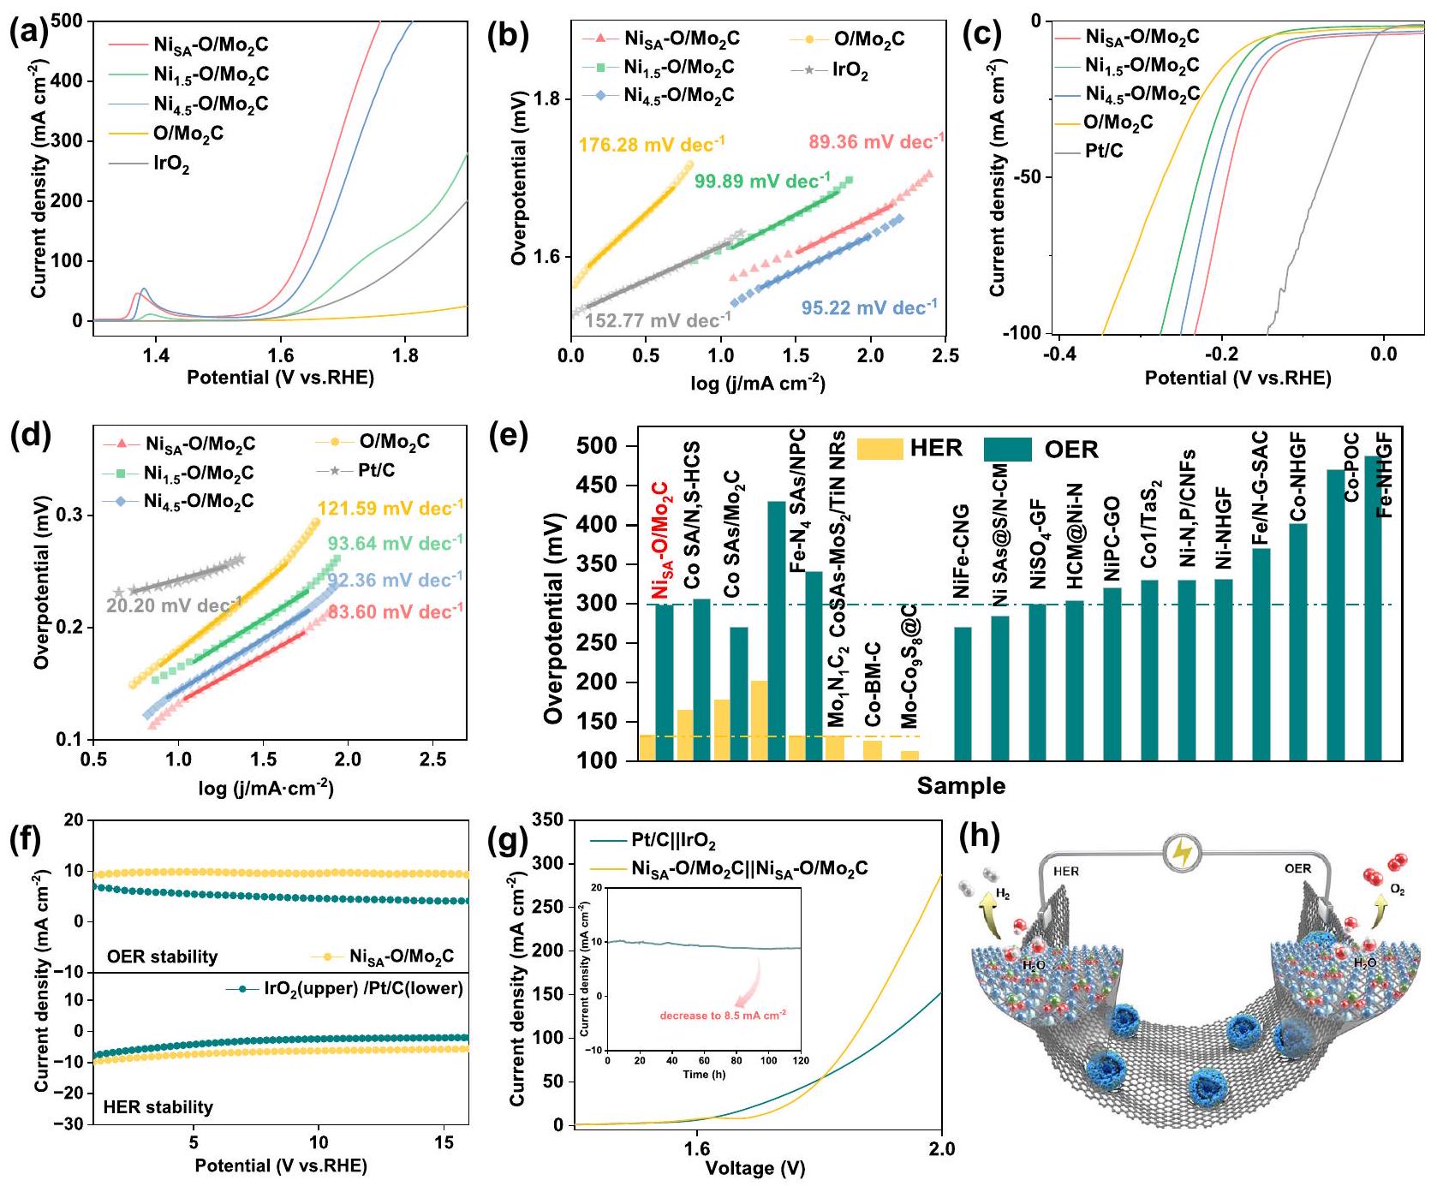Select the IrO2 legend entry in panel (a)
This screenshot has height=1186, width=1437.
tap(171, 164)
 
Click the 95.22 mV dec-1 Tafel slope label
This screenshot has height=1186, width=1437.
tap(868, 308)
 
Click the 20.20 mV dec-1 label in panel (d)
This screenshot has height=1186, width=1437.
tap(174, 605)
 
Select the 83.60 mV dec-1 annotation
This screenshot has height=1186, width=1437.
tap(395, 611)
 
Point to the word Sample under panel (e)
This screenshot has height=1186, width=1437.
tap(961, 785)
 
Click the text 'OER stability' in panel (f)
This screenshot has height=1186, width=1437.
tap(162, 957)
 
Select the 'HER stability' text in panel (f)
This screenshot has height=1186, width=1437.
tap(158, 1107)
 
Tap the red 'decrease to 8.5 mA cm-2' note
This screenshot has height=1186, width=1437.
tap(723, 1015)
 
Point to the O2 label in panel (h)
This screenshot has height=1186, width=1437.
tap(1397, 891)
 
